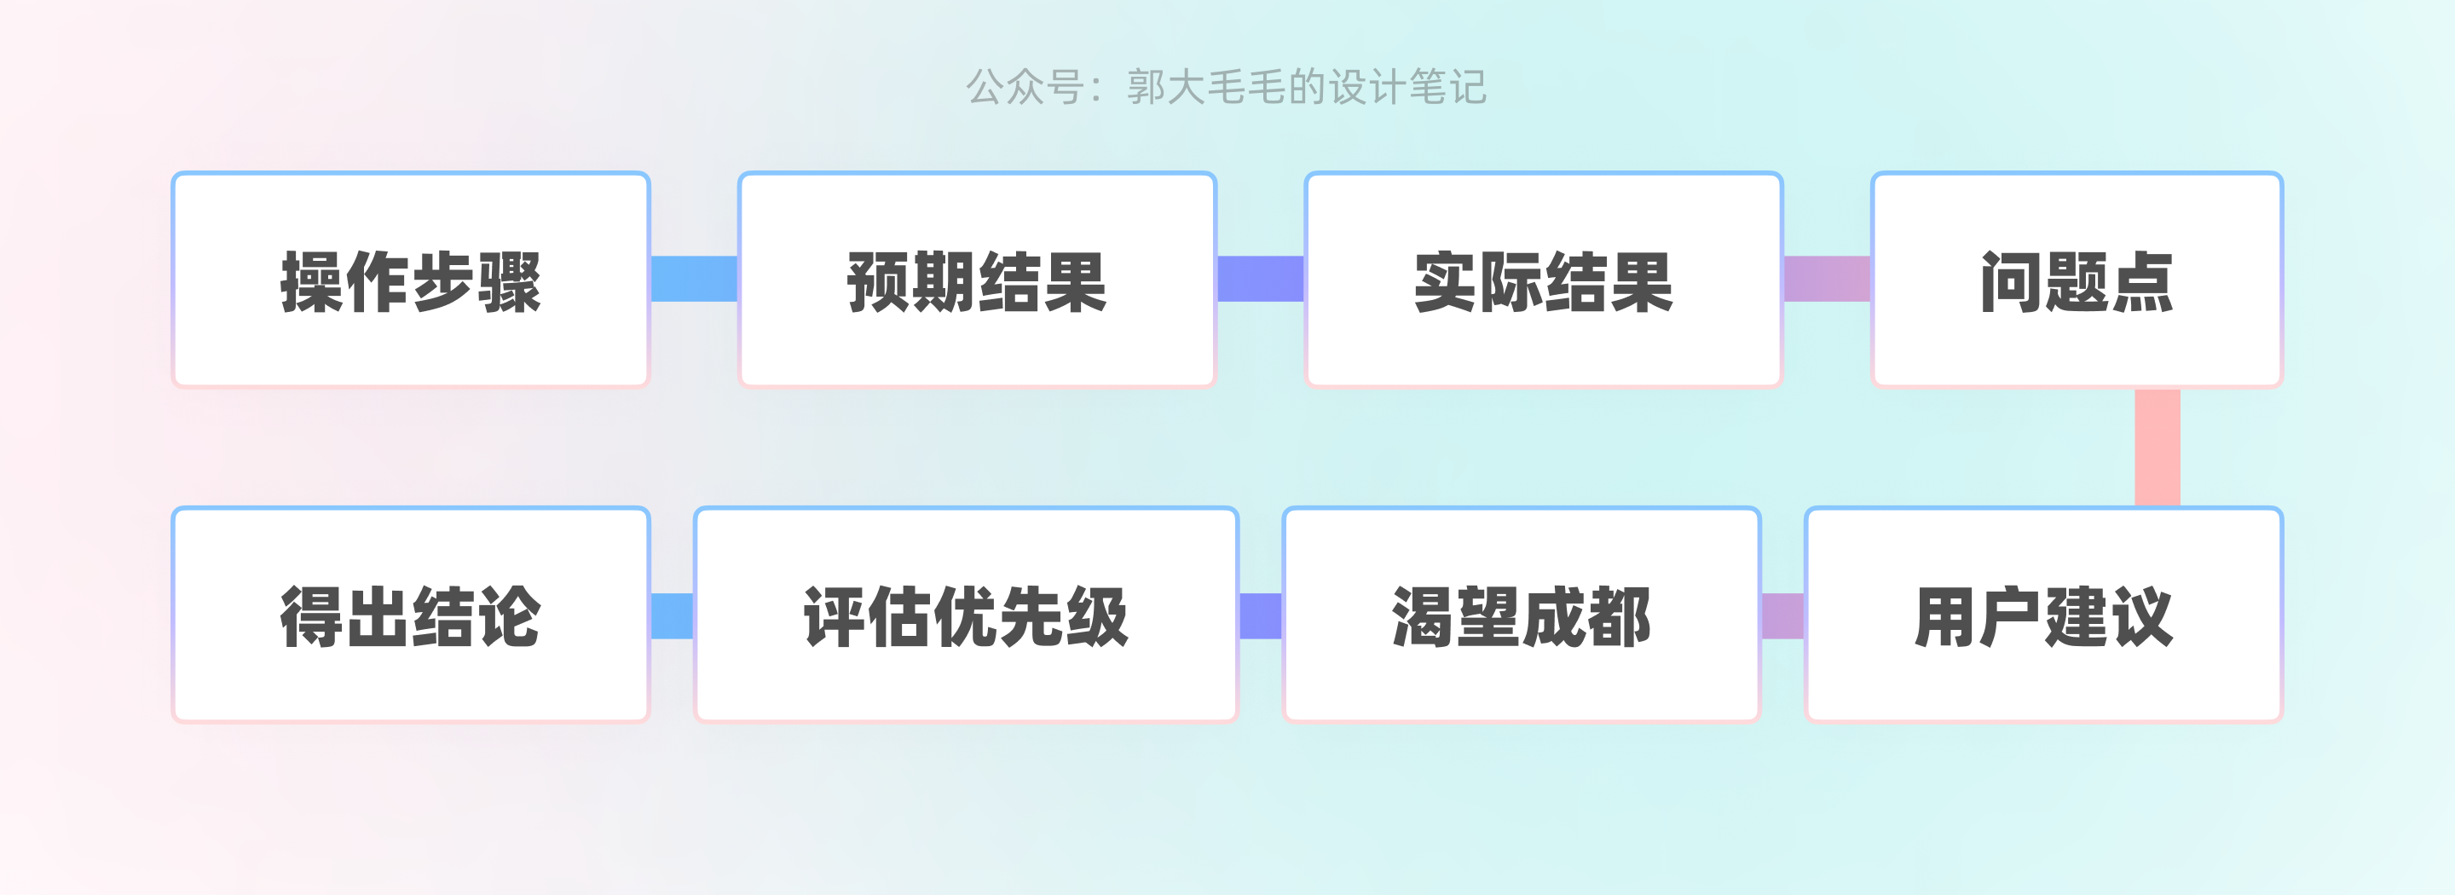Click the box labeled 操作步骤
coord(410,280)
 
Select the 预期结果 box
coord(977,280)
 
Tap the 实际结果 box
coord(1543,280)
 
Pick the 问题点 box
coord(2077,280)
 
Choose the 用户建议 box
coord(2043,615)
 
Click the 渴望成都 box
coord(1521,615)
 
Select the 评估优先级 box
coord(966,615)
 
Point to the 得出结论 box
coord(410,615)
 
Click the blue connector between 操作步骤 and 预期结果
coord(694,279)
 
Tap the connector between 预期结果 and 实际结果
coord(1260,279)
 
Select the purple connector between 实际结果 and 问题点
coord(1826,279)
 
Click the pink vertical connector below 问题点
coord(2157,447)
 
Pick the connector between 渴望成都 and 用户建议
coord(1782,615)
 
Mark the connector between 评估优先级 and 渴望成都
coord(1260,615)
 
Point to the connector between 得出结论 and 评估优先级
coord(672,615)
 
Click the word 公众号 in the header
coord(1025,88)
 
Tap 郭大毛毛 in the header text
coord(1206,88)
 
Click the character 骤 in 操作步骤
coord(510,282)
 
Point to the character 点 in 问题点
coord(2142,282)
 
